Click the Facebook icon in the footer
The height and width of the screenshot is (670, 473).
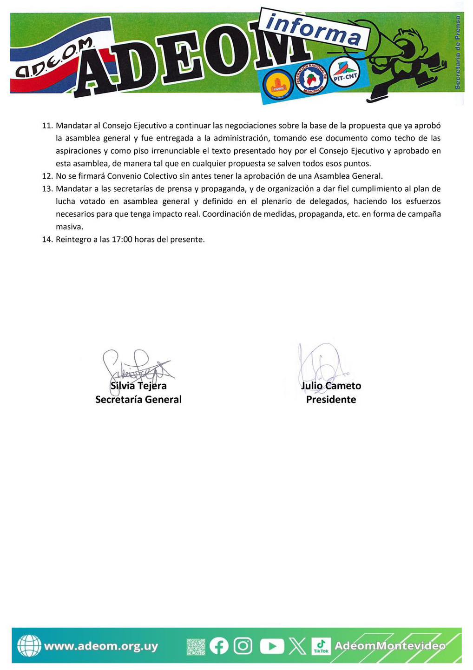tap(219, 646)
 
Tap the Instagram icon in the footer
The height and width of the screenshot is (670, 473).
tap(243, 646)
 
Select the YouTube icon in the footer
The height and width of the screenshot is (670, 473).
tap(271, 646)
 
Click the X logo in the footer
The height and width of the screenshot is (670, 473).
tap(297, 646)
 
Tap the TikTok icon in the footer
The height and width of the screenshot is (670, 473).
tap(321, 646)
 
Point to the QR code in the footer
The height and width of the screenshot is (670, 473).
tap(196, 646)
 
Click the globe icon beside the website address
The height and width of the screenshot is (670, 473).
tap(29, 646)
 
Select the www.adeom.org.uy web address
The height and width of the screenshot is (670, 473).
tap(101, 646)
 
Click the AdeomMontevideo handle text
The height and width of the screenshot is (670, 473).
tap(390, 646)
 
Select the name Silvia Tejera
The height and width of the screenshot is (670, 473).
tap(138, 386)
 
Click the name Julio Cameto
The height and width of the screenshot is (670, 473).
tap(331, 386)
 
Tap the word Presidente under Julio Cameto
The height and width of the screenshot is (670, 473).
tap(331, 399)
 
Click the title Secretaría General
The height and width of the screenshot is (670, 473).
tap(138, 399)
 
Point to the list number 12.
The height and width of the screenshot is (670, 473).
tap(47, 176)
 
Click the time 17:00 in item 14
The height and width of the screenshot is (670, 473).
tap(122, 240)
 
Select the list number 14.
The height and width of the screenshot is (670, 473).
tap(47, 240)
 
